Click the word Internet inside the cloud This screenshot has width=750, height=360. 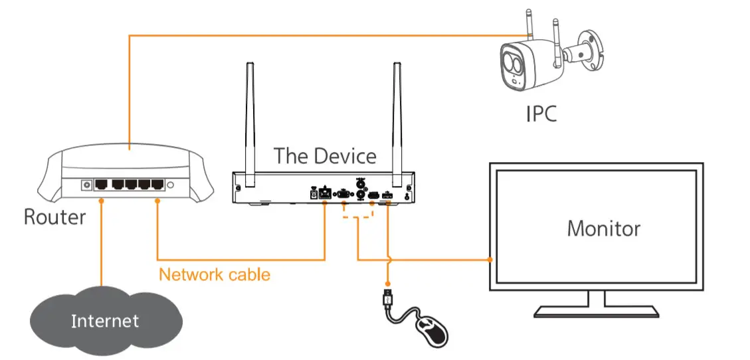click(x=105, y=321)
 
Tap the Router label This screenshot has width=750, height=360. click(x=55, y=217)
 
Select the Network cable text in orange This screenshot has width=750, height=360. click(x=215, y=274)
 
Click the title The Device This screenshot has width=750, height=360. click(x=325, y=156)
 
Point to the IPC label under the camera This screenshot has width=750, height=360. click(x=541, y=113)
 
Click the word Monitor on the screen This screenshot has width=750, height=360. click(x=603, y=228)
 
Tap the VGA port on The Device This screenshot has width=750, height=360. click(x=343, y=194)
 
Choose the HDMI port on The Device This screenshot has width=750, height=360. click(x=373, y=195)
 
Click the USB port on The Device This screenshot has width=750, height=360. click(x=388, y=195)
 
